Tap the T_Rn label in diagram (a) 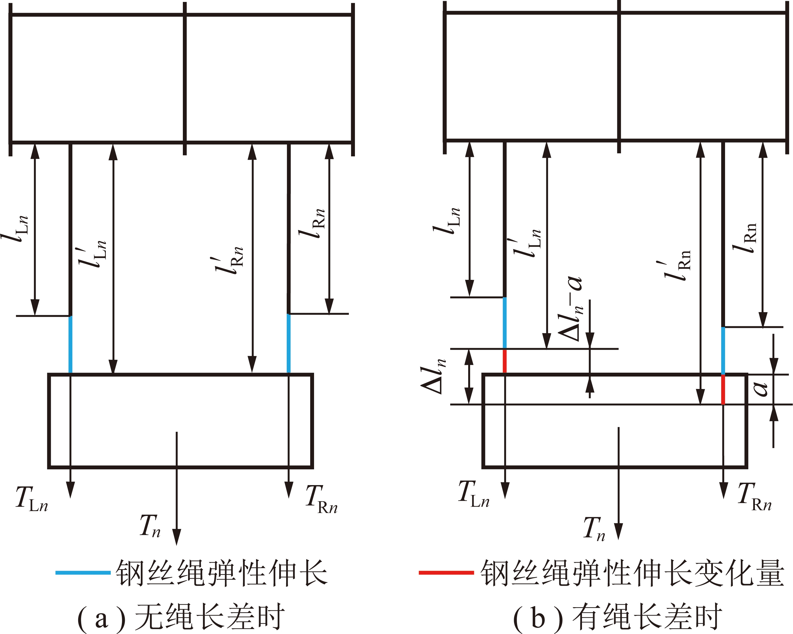321,499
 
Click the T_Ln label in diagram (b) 474,494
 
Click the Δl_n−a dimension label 570,308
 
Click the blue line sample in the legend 83,573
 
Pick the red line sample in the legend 446,573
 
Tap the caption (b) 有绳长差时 618,616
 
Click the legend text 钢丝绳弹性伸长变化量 633,573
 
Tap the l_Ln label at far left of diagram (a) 15,228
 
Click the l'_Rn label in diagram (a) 228,261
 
